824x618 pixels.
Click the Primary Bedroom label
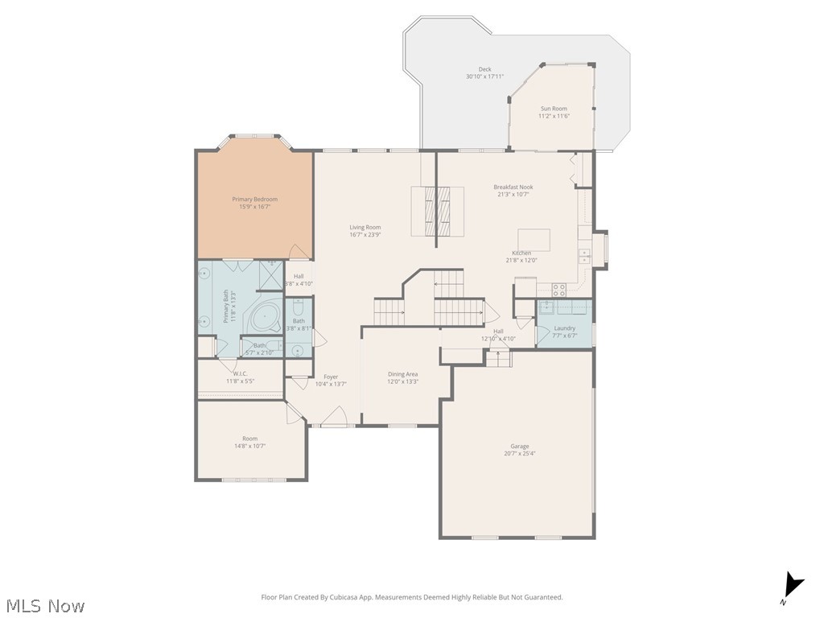254,199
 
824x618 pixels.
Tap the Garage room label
519,446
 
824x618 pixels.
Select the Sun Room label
554,109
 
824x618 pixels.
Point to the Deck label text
484,69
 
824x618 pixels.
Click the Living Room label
365,228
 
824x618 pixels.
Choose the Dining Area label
402,373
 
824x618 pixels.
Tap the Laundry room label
564,328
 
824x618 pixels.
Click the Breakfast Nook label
513,187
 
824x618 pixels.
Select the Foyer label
331,377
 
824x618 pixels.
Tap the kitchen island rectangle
534,239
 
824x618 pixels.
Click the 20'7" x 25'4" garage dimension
519,454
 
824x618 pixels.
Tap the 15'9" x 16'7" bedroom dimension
254,207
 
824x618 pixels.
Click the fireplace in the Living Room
438,211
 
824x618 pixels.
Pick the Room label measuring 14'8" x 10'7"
249,439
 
